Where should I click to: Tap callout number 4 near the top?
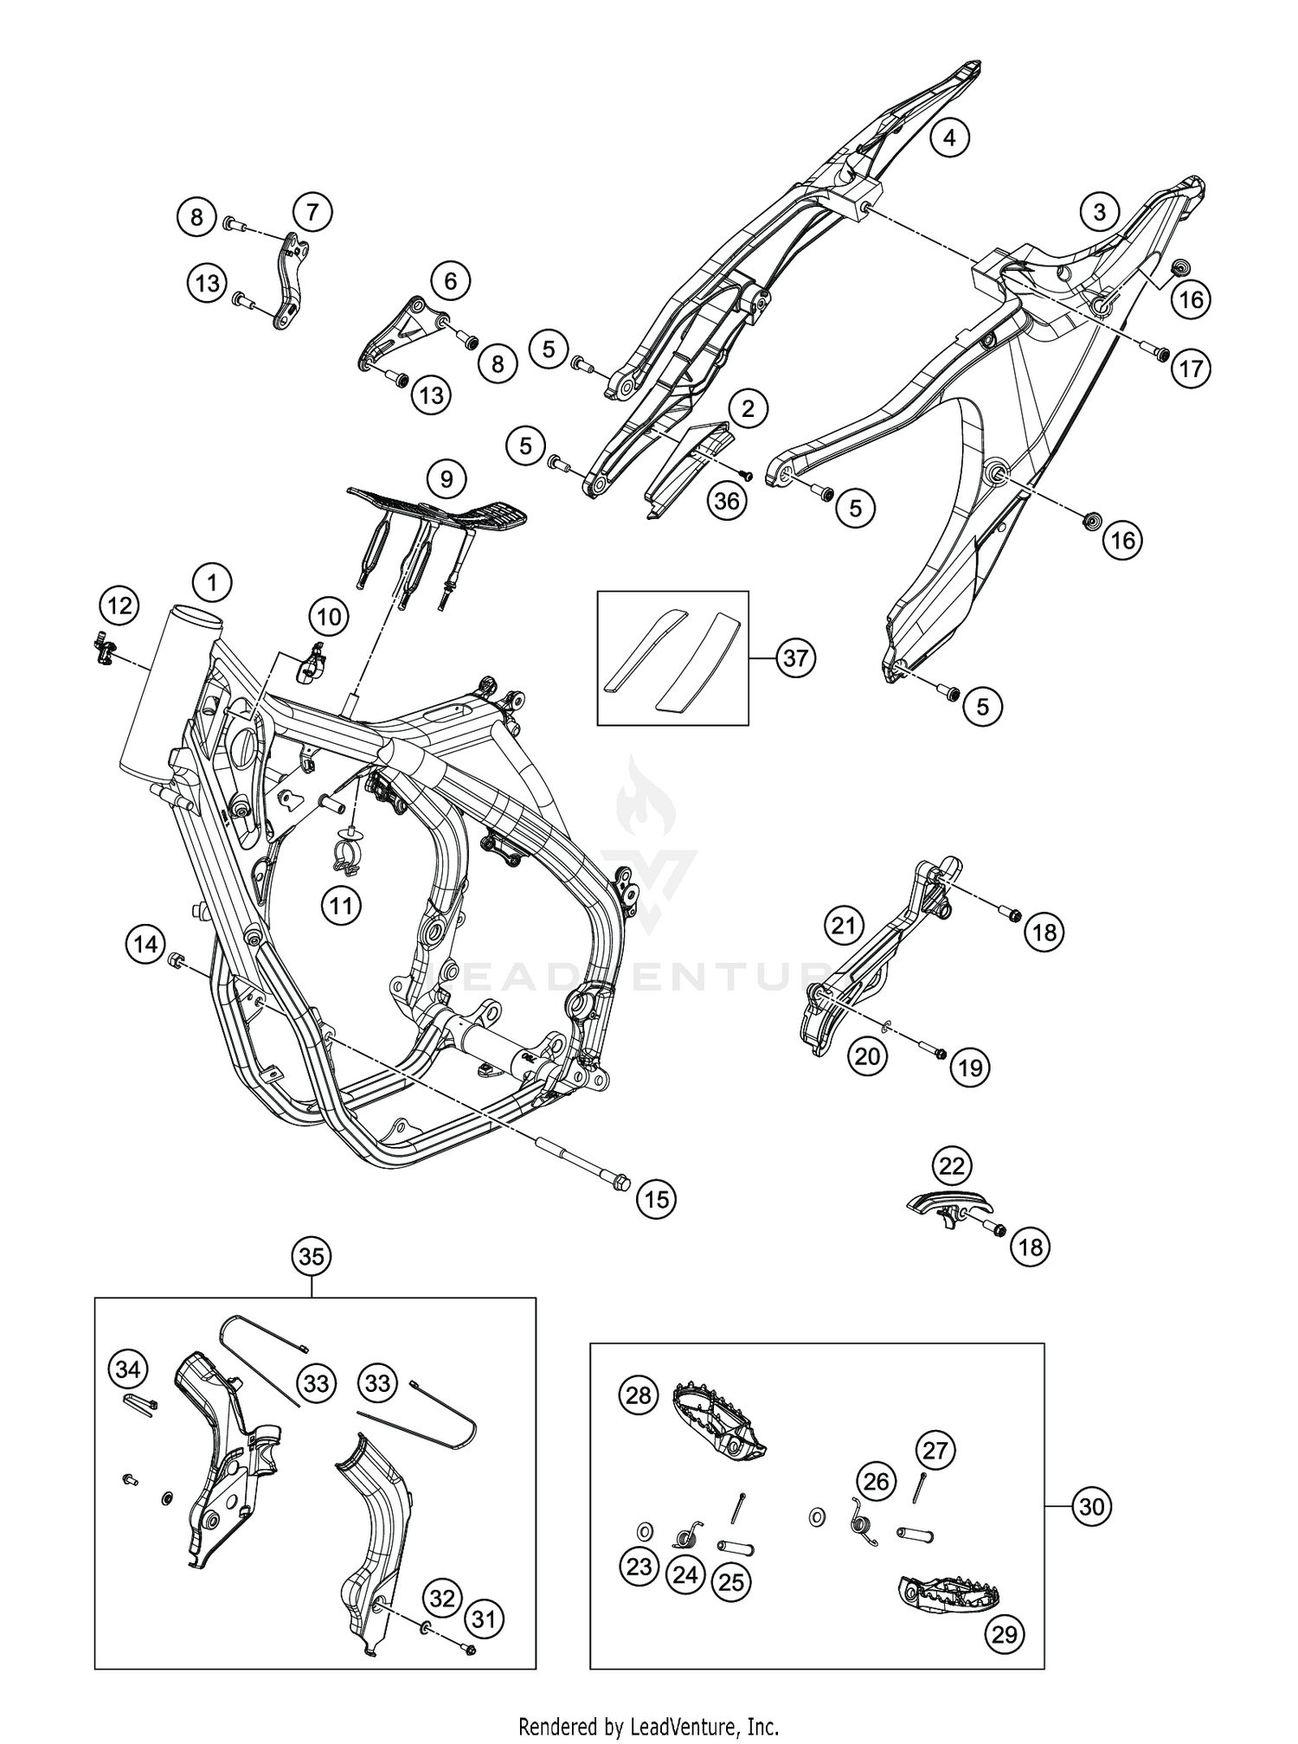949,138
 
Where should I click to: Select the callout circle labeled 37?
795,658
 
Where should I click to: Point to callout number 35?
312,1255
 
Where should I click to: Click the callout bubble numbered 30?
1092,1507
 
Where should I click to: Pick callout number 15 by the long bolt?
657,1199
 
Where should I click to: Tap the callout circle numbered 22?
951,1167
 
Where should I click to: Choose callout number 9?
447,478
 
